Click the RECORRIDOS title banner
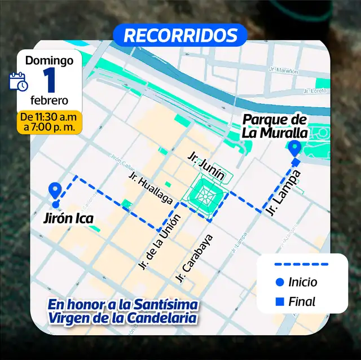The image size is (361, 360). click(x=180, y=35)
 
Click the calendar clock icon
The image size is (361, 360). click(x=19, y=81)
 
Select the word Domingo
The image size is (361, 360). click(x=50, y=60)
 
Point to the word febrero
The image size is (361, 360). click(x=50, y=100)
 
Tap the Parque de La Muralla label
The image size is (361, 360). click(x=275, y=126)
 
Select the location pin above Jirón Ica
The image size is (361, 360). click(x=55, y=191)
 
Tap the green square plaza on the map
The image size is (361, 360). click(x=204, y=196)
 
